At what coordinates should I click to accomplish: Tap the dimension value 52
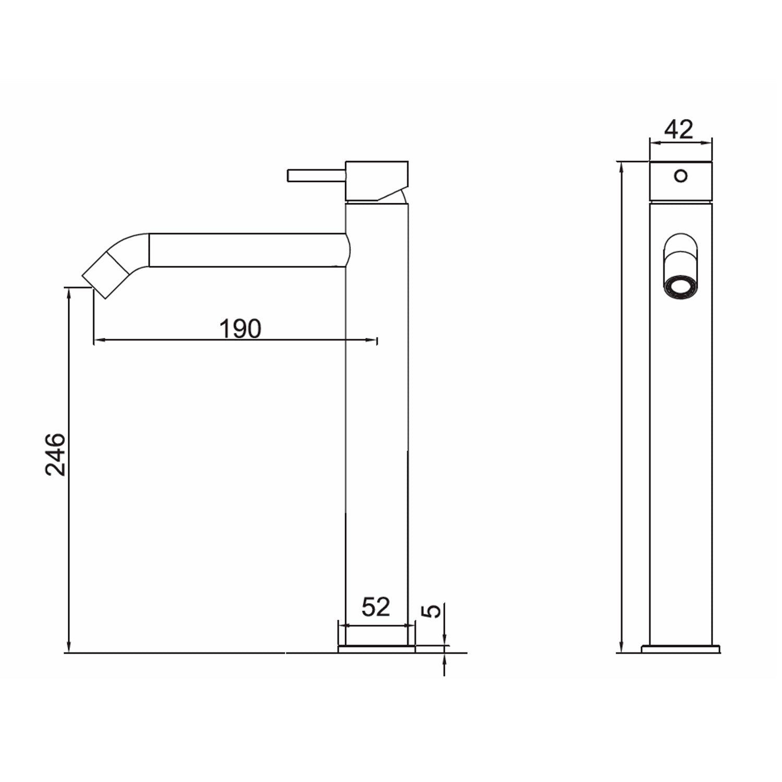tap(375, 607)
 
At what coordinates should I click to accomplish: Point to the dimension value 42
tap(679, 129)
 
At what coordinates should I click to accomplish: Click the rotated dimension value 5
tap(433, 610)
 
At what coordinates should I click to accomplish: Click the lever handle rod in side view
tap(316, 175)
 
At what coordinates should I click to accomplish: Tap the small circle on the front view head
tap(680, 176)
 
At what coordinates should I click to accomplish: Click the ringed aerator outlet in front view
tap(680, 287)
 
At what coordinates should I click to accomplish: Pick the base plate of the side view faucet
tap(376, 649)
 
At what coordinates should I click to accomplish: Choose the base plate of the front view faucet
tap(680, 649)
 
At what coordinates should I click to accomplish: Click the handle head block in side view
tap(376, 180)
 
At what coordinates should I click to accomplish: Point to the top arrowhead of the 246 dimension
tap(68, 292)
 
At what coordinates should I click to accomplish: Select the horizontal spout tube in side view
tap(248, 250)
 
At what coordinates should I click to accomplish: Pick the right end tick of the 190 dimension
tap(376, 340)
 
